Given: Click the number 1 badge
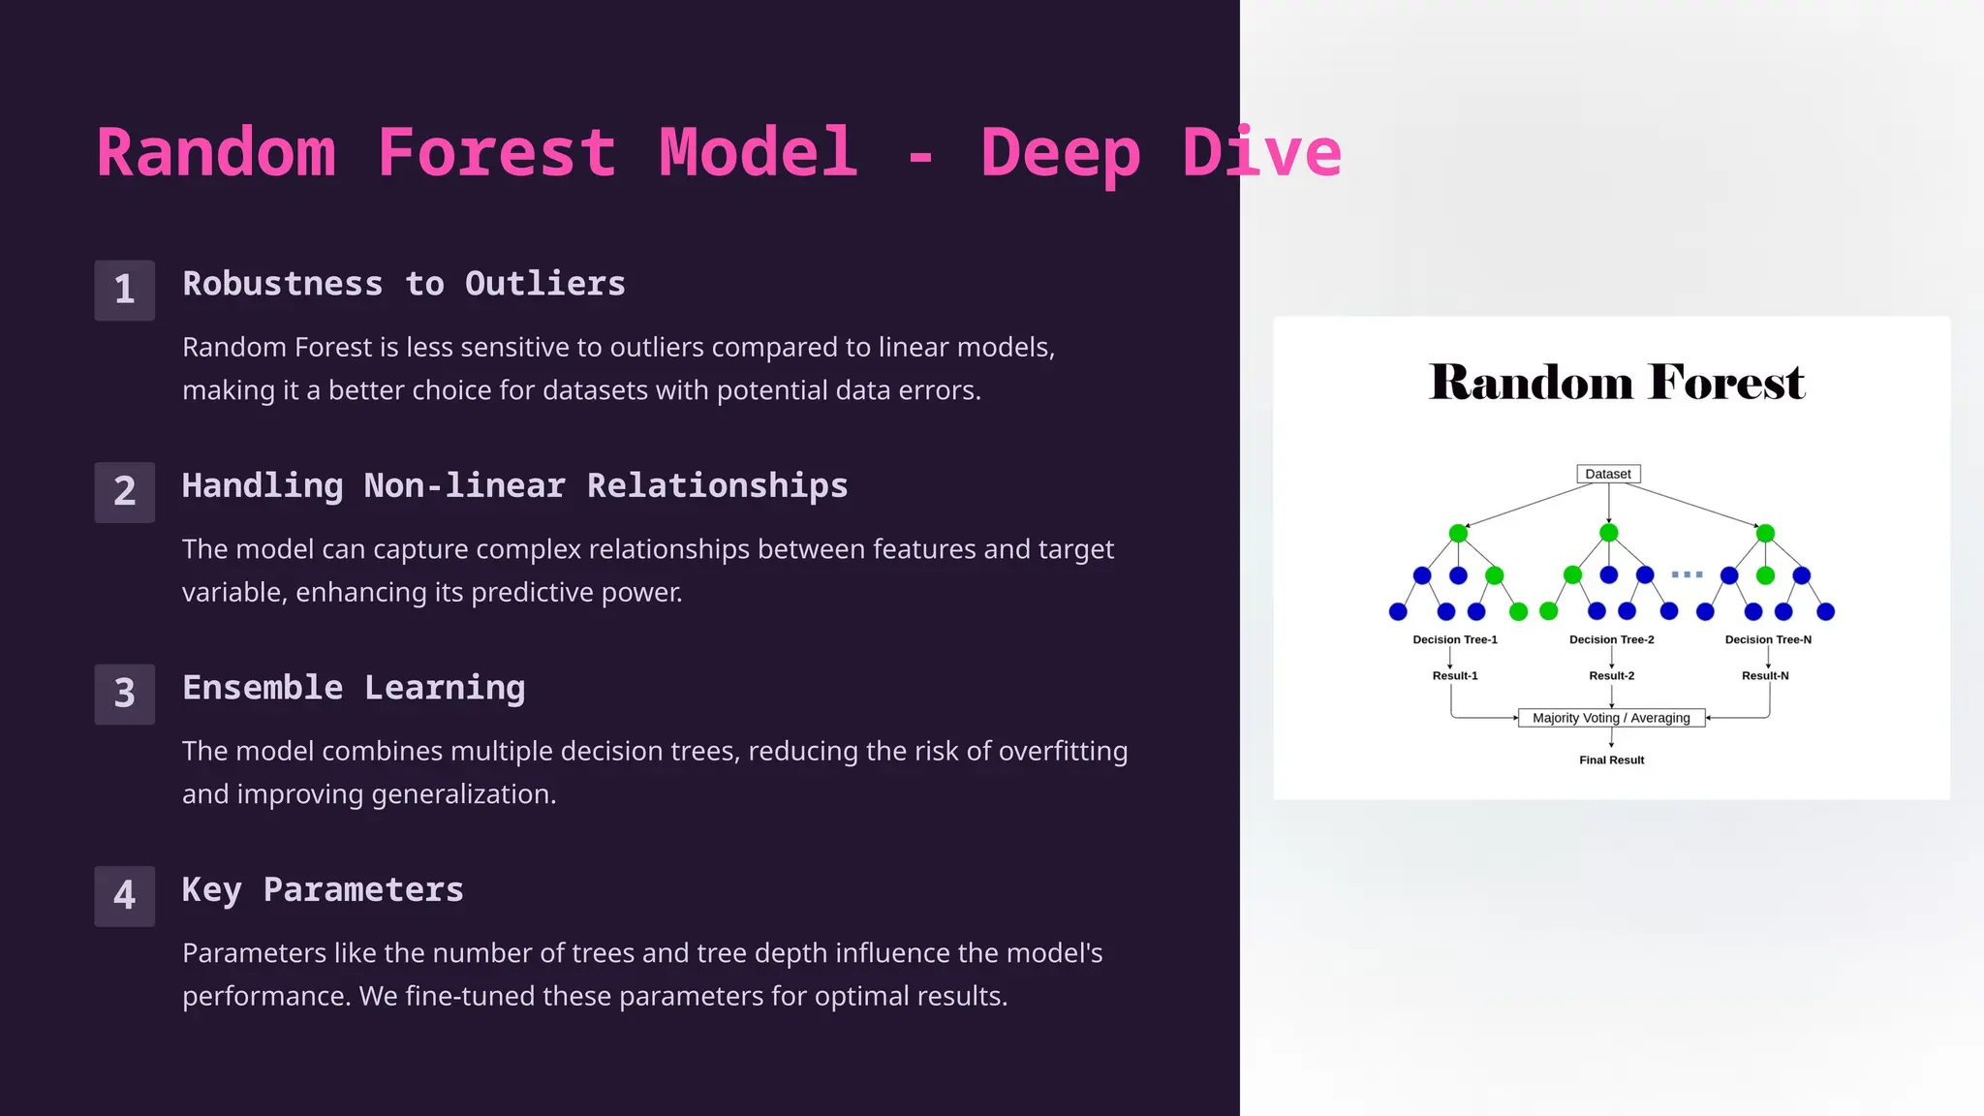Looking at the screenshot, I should coord(124,290).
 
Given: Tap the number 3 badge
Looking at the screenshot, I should coord(124,694).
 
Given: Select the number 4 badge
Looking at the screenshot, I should coord(124,895).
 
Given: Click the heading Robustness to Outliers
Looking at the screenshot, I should coord(404,284).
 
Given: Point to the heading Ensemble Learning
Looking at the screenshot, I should coord(354,688).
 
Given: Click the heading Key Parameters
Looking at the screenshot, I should coord(323,889).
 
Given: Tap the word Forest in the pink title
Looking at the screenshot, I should coord(496,153).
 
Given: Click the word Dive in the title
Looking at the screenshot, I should coord(1261,153).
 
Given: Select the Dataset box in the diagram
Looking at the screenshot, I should coord(1608,474).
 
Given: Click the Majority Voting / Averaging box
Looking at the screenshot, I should coord(1611,718).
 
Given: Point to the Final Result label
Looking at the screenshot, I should coord(1611,760).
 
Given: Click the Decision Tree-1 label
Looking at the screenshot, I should coord(1455,639).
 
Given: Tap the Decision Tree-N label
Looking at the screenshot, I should coord(1768,639).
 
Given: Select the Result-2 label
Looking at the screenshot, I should coord(1611,675).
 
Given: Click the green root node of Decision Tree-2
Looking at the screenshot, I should coord(1609,533).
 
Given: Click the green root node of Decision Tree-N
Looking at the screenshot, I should coord(1765,533).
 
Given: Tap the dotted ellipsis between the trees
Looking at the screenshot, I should coord(1687,574).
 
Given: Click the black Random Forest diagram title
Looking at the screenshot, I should coord(1616,382).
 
